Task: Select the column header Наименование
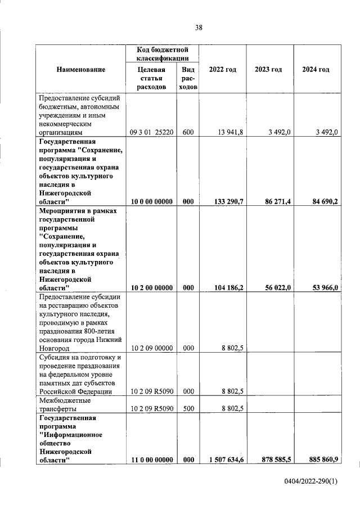point(81,69)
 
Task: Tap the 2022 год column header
point(222,69)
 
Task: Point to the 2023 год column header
point(268,69)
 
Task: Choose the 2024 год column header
point(316,69)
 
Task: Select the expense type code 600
point(188,132)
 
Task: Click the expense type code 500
point(188,409)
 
